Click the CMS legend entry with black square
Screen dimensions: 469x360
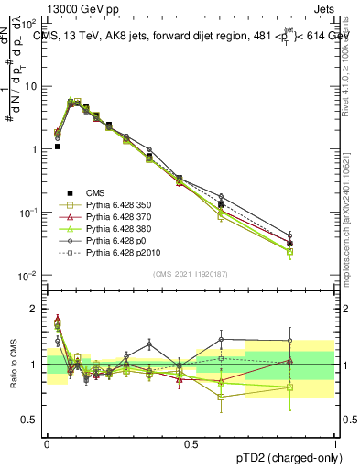point(95,191)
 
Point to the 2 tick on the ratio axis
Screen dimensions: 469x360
point(34,309)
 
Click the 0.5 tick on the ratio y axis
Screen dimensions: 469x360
point(30,420)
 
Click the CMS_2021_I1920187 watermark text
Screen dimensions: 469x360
point(191,275)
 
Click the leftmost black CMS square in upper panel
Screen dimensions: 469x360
point(57,146)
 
